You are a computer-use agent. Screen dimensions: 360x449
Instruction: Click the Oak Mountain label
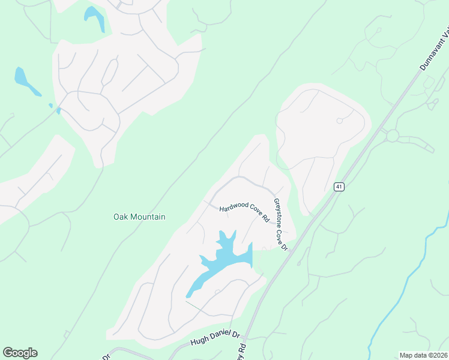tap(139, 217)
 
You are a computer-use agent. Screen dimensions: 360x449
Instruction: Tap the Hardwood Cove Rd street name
tap(243, 212)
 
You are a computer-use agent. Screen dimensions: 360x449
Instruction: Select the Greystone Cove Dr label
tap(281, 224)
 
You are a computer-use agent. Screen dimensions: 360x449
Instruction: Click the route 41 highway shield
tap(339, 187)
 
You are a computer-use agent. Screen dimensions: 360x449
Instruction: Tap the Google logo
tap(20, 353)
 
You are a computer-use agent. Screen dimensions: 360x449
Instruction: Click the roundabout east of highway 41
tap(393, 136)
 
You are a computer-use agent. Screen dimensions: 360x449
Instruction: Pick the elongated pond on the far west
tap(25, 82)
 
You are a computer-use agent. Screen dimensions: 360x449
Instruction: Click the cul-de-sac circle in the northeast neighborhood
tap(339, 121)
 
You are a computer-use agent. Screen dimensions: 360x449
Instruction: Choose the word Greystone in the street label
tap(279, 212)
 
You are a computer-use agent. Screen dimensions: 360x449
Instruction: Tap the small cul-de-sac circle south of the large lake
tap(217, 292)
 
